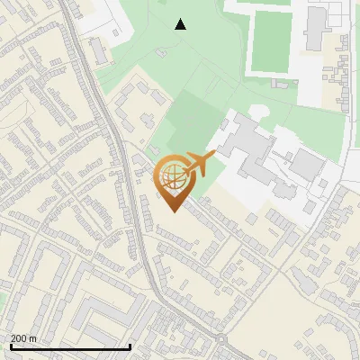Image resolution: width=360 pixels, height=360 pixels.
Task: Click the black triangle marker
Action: pos(181,23)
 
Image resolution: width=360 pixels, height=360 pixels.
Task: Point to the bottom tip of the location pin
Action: pos(173,211)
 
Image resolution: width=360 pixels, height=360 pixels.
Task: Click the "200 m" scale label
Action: pos(23,337)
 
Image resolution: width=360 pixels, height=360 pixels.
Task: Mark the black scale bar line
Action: pos(69,346)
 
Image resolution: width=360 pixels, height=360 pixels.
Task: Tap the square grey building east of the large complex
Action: pos(308,164)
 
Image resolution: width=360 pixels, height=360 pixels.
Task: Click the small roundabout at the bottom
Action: pos(221,339)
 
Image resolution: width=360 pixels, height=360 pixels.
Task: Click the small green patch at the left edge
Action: pos(3,298)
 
